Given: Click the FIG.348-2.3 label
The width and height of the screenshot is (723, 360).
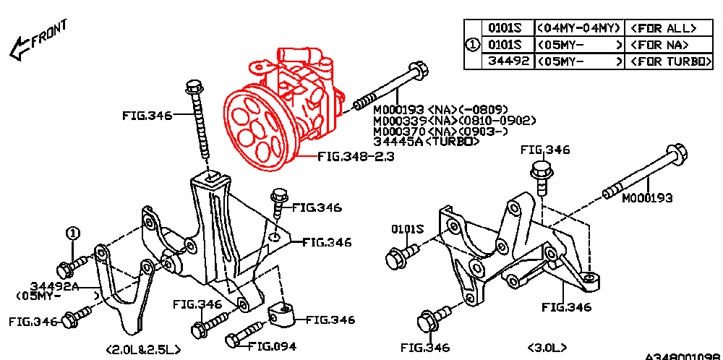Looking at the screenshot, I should (x=355, y=156).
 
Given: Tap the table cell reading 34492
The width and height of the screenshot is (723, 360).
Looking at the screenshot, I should (x=505, y=62).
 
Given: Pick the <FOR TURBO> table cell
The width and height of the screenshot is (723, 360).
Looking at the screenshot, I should (x=670, y=62).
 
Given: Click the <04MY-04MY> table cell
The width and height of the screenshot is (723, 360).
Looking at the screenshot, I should (x=578, y=28).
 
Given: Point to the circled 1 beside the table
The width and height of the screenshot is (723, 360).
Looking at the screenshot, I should (x=471, y=45).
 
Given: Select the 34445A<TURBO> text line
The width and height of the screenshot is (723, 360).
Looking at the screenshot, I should (x=427, y=142).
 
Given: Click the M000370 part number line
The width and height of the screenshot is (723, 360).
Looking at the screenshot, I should (x=442, y=131).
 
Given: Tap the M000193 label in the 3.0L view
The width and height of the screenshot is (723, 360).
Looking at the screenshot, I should (x=647, y=197).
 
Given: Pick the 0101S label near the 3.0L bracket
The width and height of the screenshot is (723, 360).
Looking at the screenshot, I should (x=407, y=229).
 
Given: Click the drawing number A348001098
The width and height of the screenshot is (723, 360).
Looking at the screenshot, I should (x=683, y=356).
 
